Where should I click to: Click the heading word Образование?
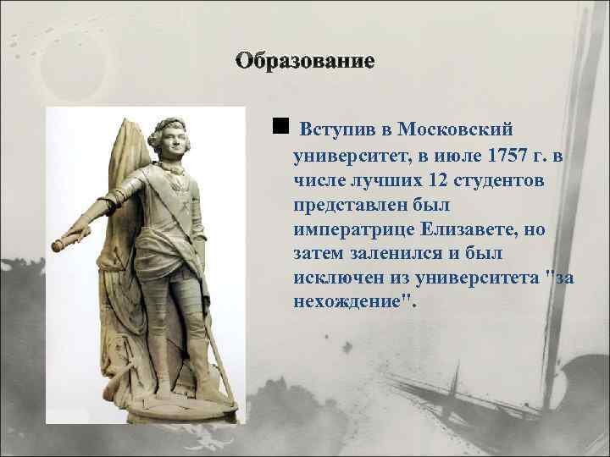[x=305, y=61]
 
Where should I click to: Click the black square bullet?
[x=280, y=127]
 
